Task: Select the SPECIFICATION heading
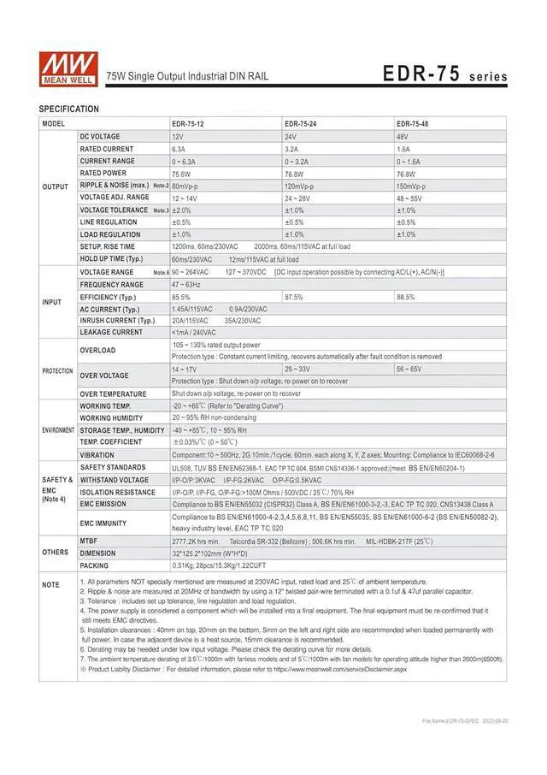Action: tap(69, 109)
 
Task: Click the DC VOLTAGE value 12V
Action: tap(178, 137)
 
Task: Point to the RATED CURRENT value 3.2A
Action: tap(291, 149)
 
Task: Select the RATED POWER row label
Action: tap(103, 173)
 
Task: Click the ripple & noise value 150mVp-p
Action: tap(415, 186)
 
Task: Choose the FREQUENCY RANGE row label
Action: tap(112, 285)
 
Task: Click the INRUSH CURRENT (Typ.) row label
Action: tap(117, 321)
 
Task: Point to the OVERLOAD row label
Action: tap(97, 351)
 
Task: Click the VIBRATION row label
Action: tap(97, 455)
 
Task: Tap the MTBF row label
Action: tap(88, 541)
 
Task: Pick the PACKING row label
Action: tap(93, 565)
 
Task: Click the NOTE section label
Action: tap(51, 585)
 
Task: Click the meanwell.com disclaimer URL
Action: tap(340, 669)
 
